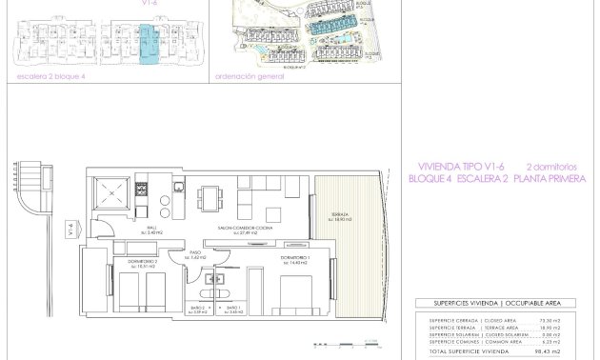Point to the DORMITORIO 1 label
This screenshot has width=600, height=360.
pyautogui.click(x=293, y=260)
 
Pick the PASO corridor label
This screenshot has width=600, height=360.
pyautogui.click(x=198, y=255)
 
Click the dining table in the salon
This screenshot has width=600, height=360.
pyautogui.click(x=210, y=198)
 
